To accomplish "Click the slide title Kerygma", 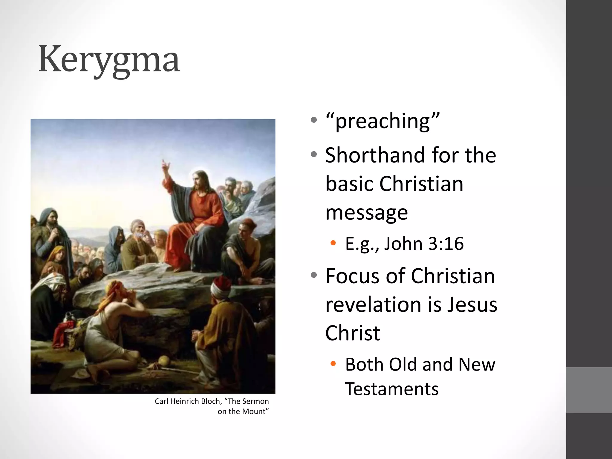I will [109, 60].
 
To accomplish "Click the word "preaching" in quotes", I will [382, 121].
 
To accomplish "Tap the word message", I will [367, 213].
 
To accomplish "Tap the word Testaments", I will [392, 389].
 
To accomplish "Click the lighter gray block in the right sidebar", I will [589, 390].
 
